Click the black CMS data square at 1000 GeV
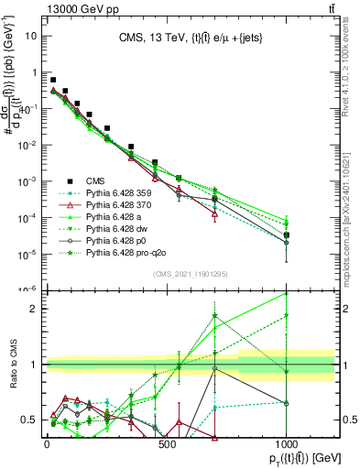click(x=287, y=235)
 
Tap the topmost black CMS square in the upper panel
click(x=53, y=80)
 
